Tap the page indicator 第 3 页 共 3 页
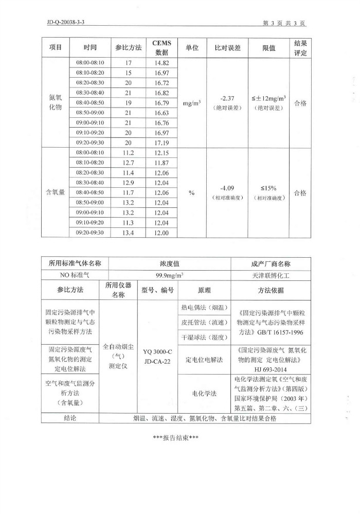[x=284, y=23]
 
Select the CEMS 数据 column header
[x=161, y=47]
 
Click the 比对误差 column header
[x=227, y=47]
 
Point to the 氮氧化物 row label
[x=55, y=102]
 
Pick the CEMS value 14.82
[x=161, y=63]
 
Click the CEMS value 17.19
[x=161, y=143]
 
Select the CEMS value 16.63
[x=161, y=113]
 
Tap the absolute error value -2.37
[x=227, y=98]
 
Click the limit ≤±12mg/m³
[x=269, y=98]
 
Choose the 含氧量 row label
[x=55, y=192]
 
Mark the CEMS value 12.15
[x=161, y=153]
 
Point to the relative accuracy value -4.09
[x=227, y=188]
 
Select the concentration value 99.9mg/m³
[x=170, y=275]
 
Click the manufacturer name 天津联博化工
[x=271, y=275]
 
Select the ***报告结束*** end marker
[x=176, y=437]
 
